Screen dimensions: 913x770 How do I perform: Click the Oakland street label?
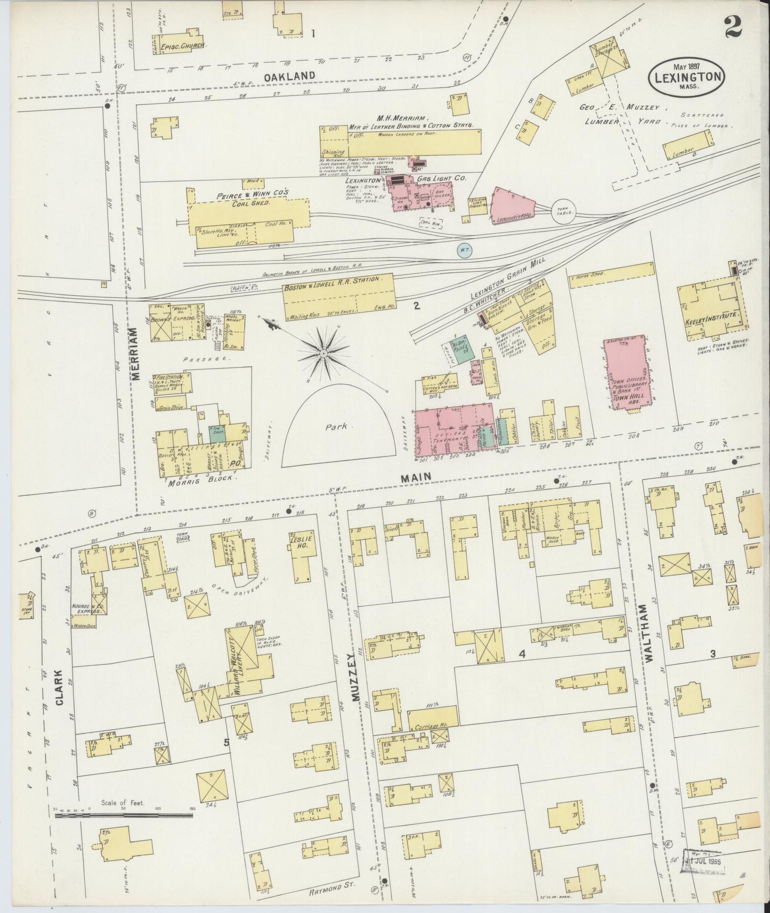[290, 76]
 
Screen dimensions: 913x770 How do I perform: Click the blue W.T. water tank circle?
[464, 250]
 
